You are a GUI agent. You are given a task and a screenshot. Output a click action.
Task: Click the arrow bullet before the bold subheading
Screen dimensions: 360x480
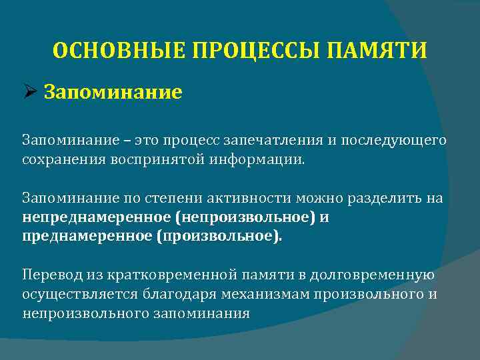(30, 91)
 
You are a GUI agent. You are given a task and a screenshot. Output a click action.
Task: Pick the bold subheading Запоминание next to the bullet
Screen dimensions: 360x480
(113, 91)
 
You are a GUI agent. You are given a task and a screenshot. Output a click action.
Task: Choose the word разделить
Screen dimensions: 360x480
(389, 199)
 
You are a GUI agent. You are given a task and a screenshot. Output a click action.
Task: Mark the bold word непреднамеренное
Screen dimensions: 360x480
(95, 218)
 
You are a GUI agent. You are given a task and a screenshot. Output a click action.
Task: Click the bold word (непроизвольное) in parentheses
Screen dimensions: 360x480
(241, 218)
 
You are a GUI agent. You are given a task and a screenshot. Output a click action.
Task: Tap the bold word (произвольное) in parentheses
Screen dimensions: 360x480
(219, 237)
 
